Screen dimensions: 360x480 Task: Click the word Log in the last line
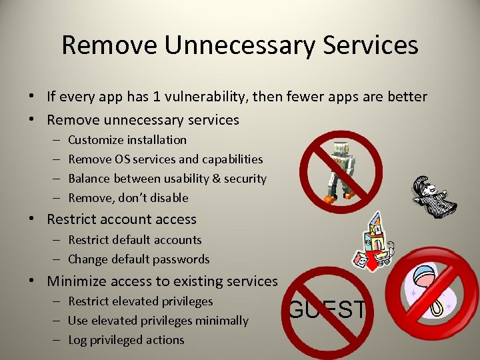point(78,340)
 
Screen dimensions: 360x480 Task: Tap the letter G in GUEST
point(297,310)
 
